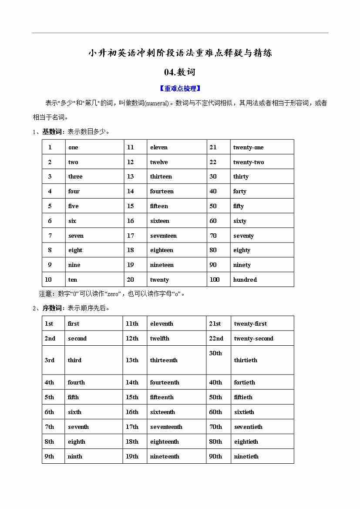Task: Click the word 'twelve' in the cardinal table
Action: [x=159, y=162]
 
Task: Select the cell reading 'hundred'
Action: [x=245, y=280]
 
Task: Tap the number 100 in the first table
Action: [x=215, y=280]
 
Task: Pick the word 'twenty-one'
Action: [x=248, y=147]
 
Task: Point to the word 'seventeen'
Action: [x=163, y=236]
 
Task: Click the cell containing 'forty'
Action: [x=239, y=191]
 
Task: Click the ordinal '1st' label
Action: [x=49, y=324]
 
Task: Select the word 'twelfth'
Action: [x=160, y=338]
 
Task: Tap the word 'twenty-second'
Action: [x=254, y=338]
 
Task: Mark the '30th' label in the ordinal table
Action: [x=215, y=353]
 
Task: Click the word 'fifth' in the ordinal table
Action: [x=73, y=397]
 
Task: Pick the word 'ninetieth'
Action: [x=246, y=456]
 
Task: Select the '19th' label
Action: [x=132, y=456]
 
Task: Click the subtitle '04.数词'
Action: [x=180, y=72]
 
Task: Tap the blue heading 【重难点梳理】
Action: [x=180, y=88]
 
